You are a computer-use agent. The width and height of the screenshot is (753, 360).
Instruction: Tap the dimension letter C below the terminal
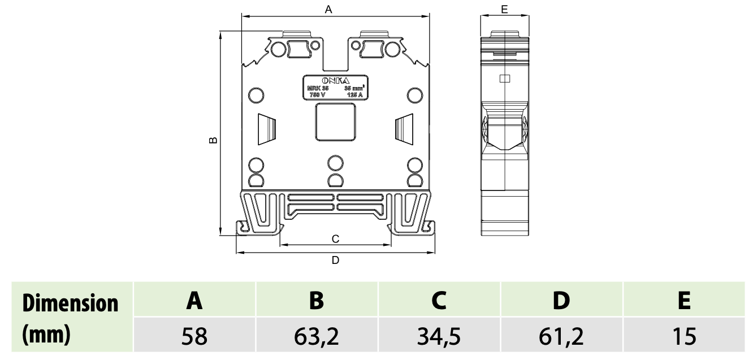335,239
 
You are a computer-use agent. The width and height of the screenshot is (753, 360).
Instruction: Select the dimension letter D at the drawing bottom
335,260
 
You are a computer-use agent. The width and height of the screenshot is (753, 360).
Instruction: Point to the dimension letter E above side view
504,8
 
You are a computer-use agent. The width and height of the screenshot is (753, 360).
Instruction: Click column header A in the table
194,300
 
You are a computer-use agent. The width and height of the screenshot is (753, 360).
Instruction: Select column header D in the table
561,300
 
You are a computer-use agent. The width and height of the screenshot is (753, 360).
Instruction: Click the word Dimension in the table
71,303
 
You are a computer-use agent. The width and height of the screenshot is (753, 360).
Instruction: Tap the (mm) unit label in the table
46,334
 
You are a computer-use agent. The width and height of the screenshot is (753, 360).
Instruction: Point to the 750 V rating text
316,95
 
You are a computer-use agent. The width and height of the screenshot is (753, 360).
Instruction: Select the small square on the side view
505,79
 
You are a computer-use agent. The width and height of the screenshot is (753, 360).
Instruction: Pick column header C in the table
439,300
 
